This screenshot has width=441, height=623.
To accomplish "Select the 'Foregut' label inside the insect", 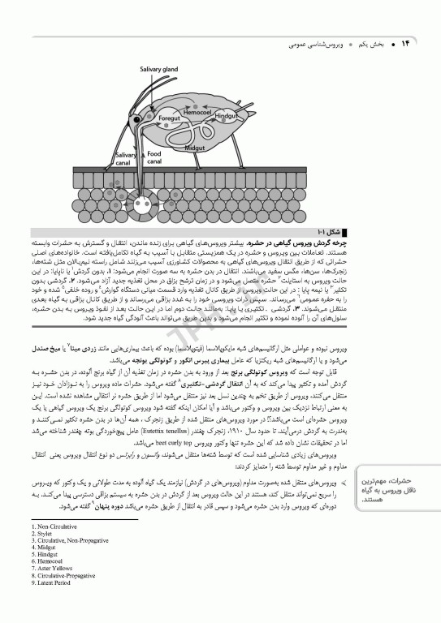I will pyautogui.click(x=168, y=118).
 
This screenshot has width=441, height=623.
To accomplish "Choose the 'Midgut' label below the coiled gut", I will pyautogui.click(x=195, y=148).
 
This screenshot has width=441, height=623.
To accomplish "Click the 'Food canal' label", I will pyautogui.click(x=154, y=157).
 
